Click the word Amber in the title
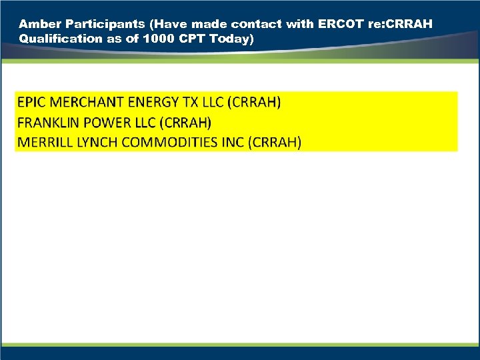pos(37,24)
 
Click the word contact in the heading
pos(257,24)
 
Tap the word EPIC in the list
pos(31,103)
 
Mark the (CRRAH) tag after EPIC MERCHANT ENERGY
pos(254,103)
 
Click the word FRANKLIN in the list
pos(45,123)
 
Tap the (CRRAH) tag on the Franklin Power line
pos(185,123)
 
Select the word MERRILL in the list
pos(42,142)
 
